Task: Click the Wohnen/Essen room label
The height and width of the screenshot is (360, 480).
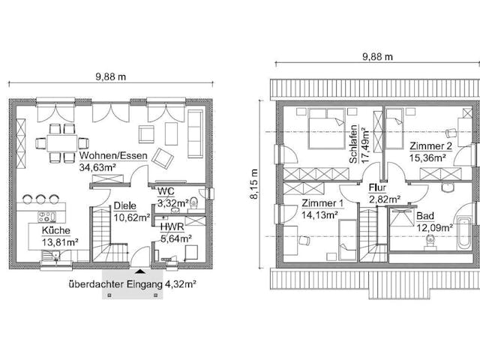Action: point(113,155)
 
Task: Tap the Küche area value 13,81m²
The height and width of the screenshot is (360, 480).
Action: point(60,242)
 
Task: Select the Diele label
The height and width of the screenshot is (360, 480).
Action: point(125,205)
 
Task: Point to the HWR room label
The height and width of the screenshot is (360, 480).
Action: point(172,226)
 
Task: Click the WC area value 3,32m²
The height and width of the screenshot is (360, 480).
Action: point(173,203)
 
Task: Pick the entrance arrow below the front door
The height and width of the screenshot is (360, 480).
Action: point(140,271)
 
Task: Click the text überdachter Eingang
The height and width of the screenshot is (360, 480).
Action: point(115,284)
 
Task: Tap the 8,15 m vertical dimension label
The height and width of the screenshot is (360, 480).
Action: point(254,184)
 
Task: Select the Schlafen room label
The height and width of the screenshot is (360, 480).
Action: point(353,144)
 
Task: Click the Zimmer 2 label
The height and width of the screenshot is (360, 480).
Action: point(430,146)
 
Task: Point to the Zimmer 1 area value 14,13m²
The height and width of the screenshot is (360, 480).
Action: point(319,215)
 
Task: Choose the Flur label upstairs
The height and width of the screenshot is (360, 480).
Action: point(377,187)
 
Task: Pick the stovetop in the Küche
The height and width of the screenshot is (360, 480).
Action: point(46,217)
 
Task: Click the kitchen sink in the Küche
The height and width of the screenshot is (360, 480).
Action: point(51,256)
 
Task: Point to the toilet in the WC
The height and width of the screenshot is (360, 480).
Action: point(193,203)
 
